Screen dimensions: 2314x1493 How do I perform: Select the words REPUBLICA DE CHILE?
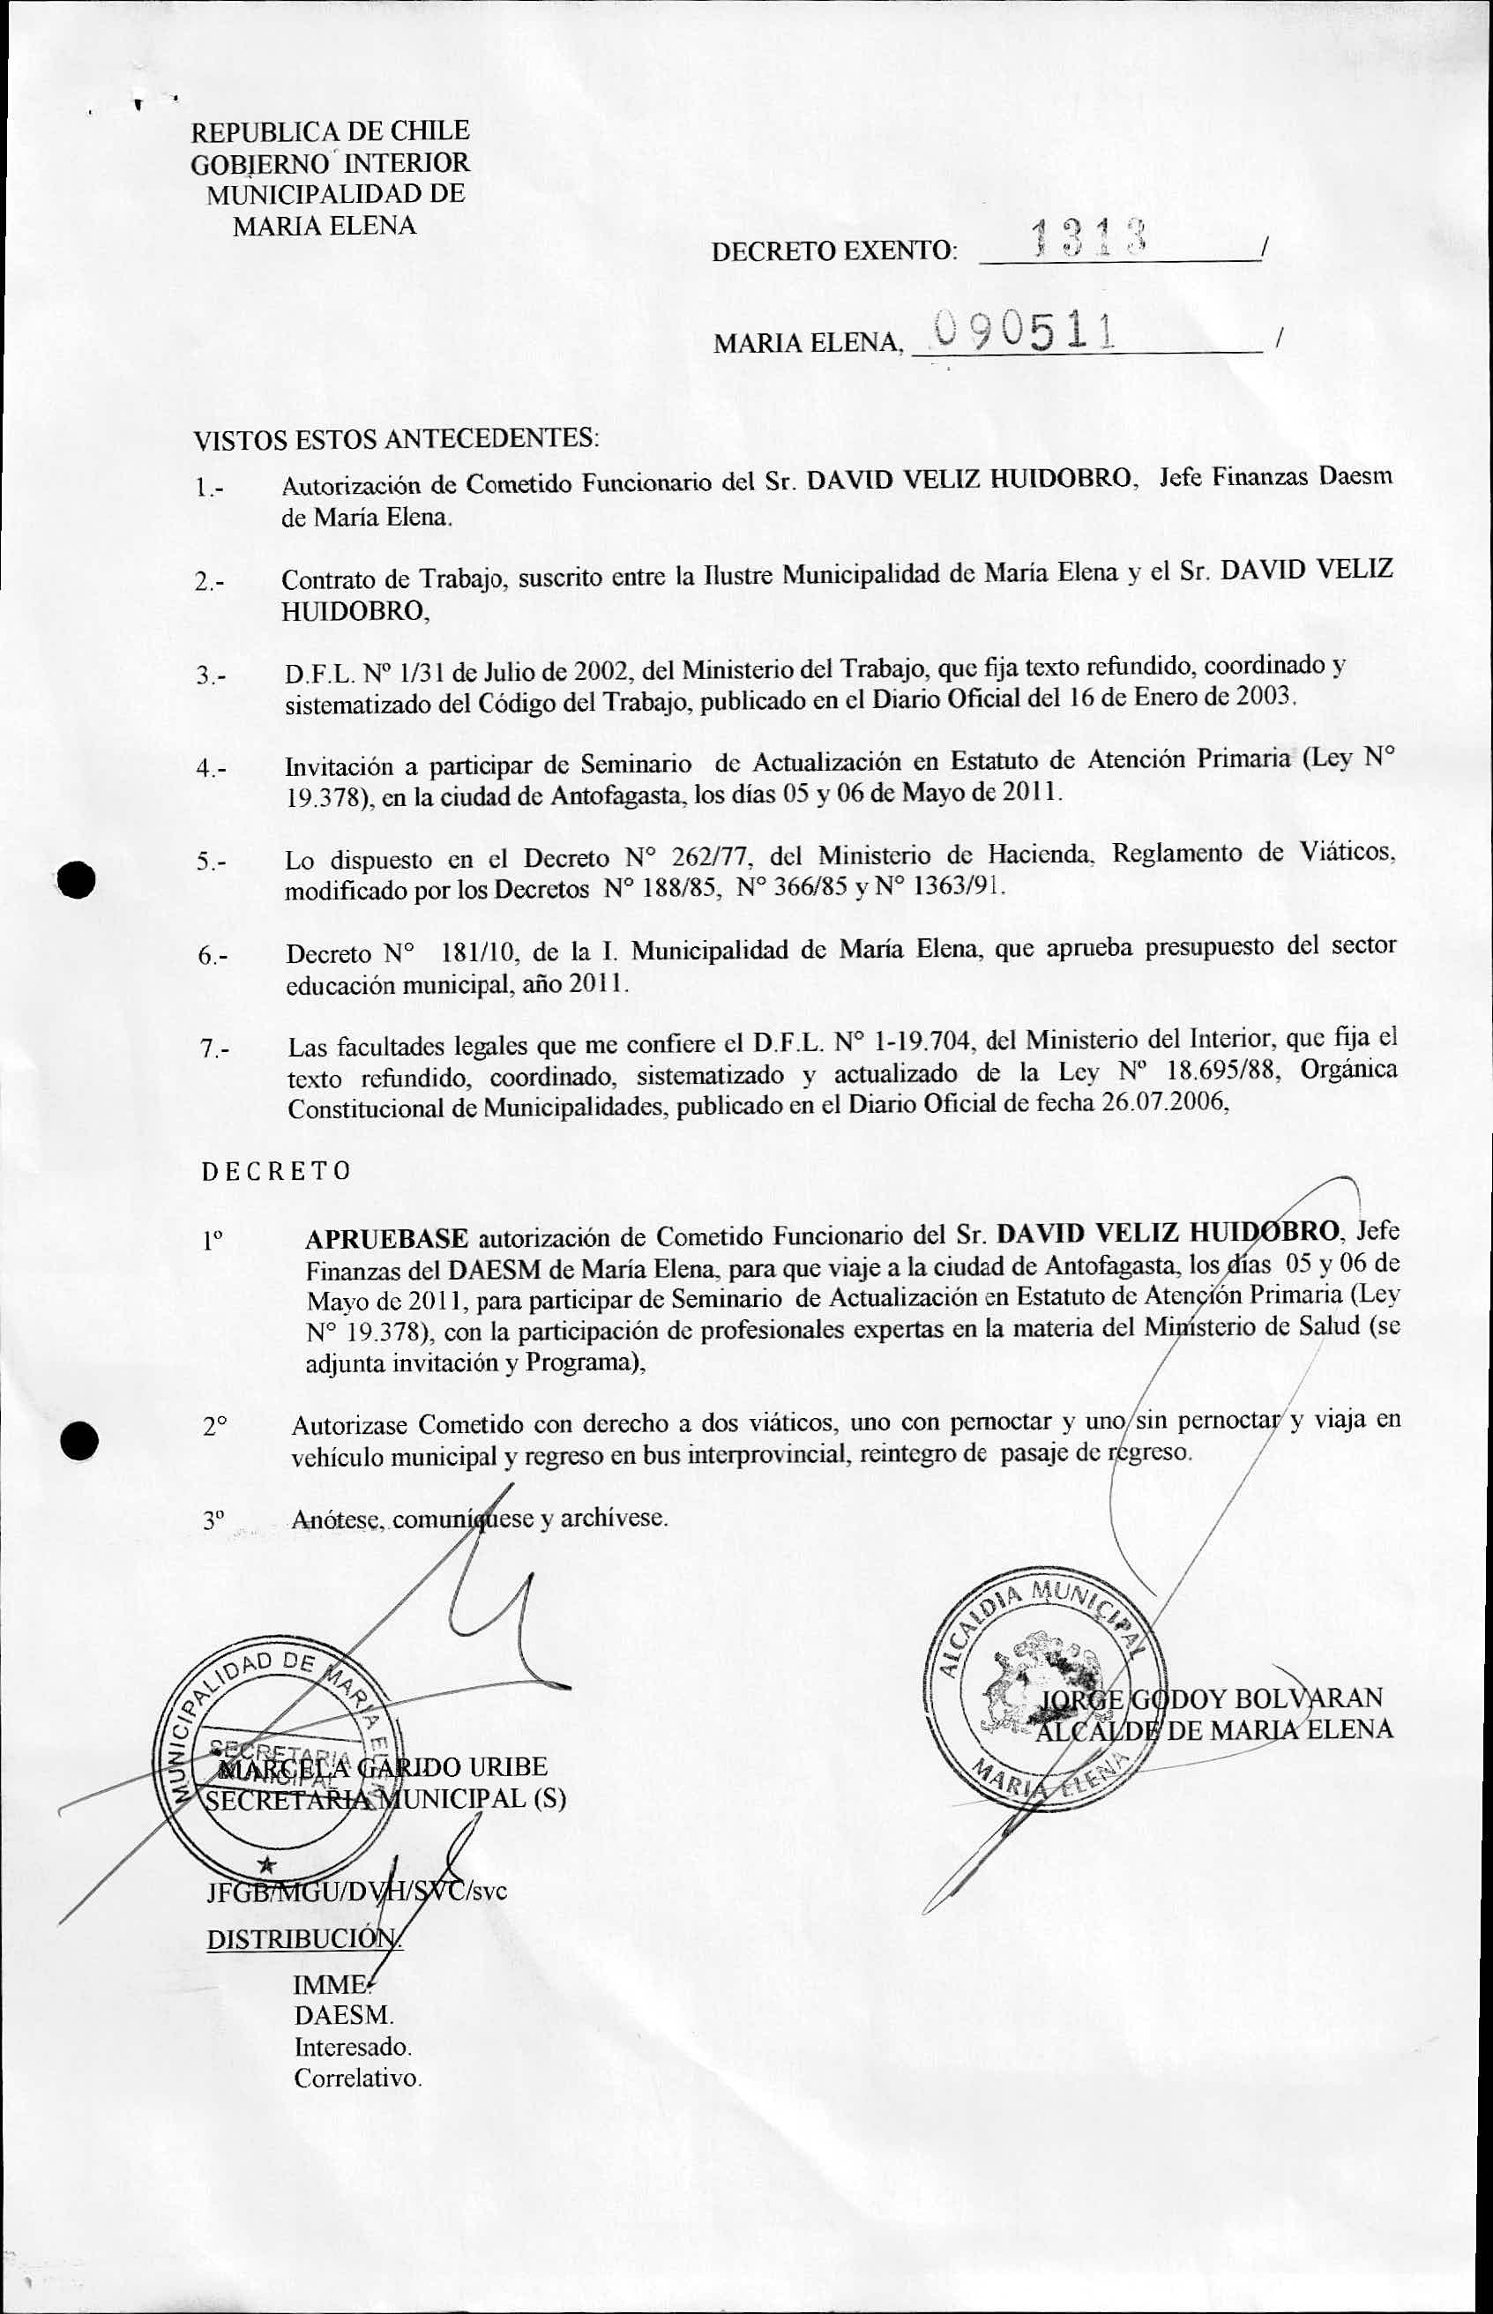click(x=330, y=131)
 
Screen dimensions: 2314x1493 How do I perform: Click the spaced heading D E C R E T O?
click(x=276, y=1171)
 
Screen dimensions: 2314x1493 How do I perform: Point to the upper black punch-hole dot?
click(x=76, y=881)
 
